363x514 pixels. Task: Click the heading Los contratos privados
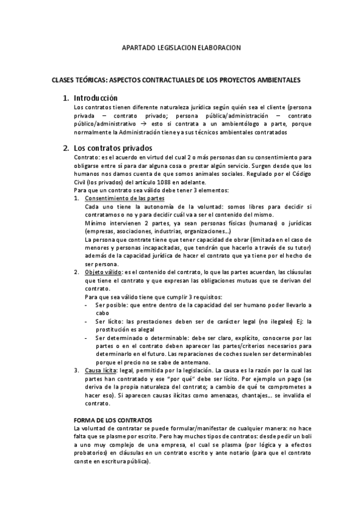(112, 148)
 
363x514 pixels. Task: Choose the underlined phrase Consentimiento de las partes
(124, 199)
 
